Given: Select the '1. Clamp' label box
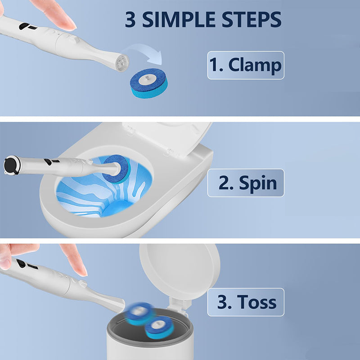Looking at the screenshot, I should pos(246,65).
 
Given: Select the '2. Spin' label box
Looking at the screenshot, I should pos(246,183).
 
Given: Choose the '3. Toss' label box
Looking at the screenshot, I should pos(246,302).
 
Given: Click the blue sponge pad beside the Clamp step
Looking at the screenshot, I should pos(148,83).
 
